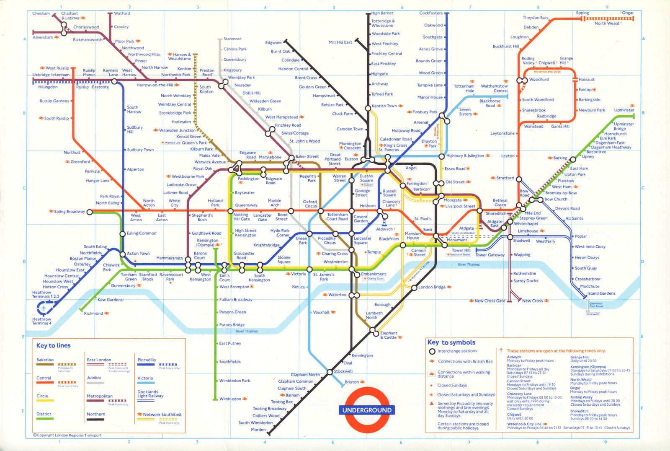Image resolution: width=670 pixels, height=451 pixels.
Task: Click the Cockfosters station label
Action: pyautogui.click(x=430, y=13)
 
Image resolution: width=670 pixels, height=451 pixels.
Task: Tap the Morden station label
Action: pyautogui.click(x=258, y=430)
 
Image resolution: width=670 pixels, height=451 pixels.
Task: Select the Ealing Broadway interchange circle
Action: pyautogui.click(x=89, y=212)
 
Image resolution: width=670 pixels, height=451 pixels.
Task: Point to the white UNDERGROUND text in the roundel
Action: pyautogui.click(x=367, y=410)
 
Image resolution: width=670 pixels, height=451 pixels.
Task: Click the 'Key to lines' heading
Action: pyautogui.click(x=53, y=346)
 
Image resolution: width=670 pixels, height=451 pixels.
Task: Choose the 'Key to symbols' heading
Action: pyautogui.click(x=451, y=342)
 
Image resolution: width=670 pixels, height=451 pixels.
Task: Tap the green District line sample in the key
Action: pyautogui.click(x=45, y=419)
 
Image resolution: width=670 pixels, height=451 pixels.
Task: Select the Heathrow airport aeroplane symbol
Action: pyautogui.click(x=43, y=308)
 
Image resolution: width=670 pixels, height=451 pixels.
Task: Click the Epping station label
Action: pyautogui.click(x=582, y=13)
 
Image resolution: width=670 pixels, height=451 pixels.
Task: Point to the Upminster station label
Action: pyautogui.click(x=624, y=110)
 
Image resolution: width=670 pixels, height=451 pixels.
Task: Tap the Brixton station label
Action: pyautogui.click(x=352, y=382)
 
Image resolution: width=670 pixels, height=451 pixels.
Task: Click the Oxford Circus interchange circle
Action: pyautogui.click(x=321, y=211)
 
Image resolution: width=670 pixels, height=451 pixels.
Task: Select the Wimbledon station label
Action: pyautogui.click(x=230, y=399)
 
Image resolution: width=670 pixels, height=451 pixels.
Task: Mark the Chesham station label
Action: pyautogui.click(x=41, y=13)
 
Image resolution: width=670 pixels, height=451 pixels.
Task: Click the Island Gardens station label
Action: pyautogui.click(x=601, y=293)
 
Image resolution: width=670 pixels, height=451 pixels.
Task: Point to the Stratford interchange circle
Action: pyautogui.click(x=519, y=179)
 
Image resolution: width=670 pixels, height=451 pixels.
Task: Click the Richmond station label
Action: pyautogui.click(x=93, y=313)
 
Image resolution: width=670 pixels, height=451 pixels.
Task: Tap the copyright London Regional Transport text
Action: pyautogui.click(x=67, y=435)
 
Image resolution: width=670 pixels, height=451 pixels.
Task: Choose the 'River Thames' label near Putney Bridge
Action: pyautogui.click(x=247, y=331)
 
